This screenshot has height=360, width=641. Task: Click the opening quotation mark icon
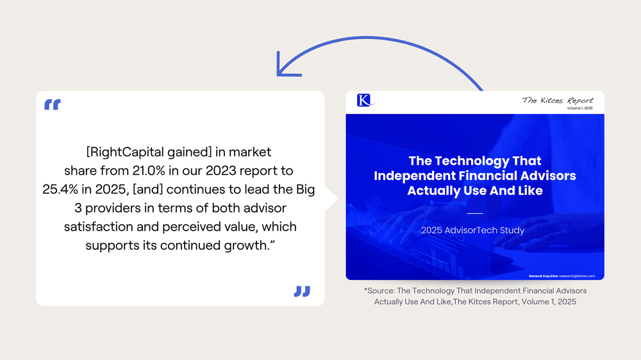point(53,104)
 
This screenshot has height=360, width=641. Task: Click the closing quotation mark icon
point(302,291)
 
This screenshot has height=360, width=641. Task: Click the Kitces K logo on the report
point(364,100)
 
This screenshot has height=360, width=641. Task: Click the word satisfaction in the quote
point(94,227)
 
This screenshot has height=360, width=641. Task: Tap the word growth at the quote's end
point(249,246)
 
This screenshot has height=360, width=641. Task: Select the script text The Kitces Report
point(557,100)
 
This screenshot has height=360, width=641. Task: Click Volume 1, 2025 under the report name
point(579,109)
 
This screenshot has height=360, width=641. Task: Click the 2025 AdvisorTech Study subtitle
point(472,230)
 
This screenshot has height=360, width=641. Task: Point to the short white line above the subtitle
point(474,213)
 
